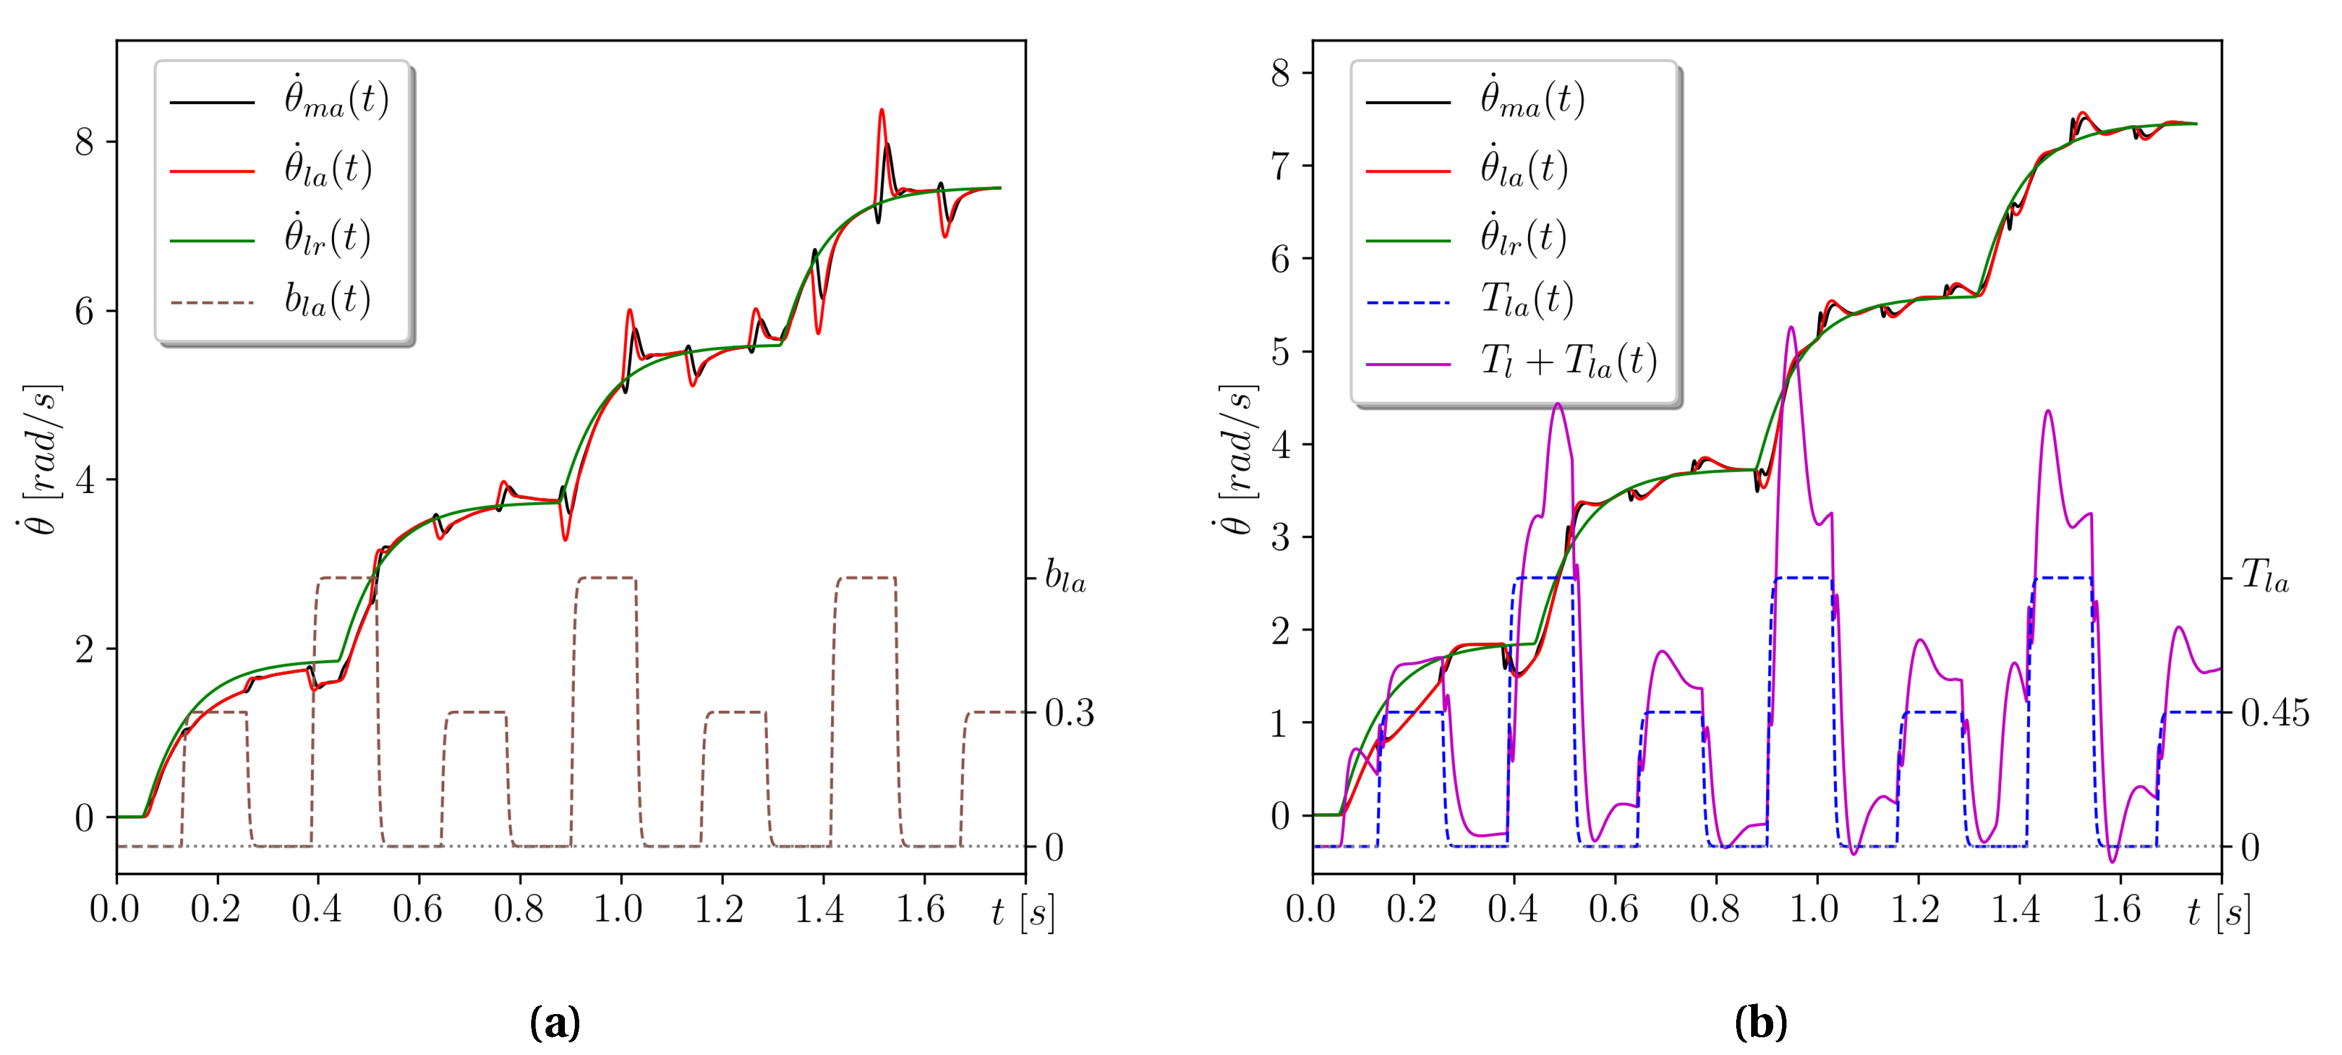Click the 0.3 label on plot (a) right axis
(x=1069, y=714)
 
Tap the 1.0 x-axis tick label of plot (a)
(x=619, y=909)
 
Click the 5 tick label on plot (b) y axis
(x=1280, y=352)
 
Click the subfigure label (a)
(x=554, y=1022)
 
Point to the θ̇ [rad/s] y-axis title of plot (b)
(x=1237, y=459)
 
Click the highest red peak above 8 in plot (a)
(x=881, y=111)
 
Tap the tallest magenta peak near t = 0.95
(x=1790, y=328)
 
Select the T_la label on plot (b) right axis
(x=2265, y=576)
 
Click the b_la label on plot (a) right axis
(x=1064, y=577)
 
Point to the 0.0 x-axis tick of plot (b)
(x=1311, y=909)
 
